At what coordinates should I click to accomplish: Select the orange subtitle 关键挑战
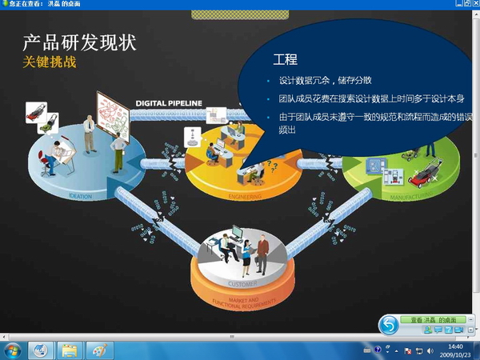[50, 62]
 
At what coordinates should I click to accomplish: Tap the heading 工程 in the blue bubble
[286, 60]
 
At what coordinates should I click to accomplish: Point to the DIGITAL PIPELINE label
[168, 103]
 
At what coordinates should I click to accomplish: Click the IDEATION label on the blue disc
[80, 194]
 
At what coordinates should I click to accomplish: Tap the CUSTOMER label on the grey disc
[242, 284]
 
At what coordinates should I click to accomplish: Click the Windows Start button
[12, 350]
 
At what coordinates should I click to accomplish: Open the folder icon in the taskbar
[70, 350]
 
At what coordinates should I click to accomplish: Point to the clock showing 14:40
[455, 346]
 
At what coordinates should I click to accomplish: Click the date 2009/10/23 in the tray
[455, 354]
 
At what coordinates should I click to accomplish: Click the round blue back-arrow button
[389, 324]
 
